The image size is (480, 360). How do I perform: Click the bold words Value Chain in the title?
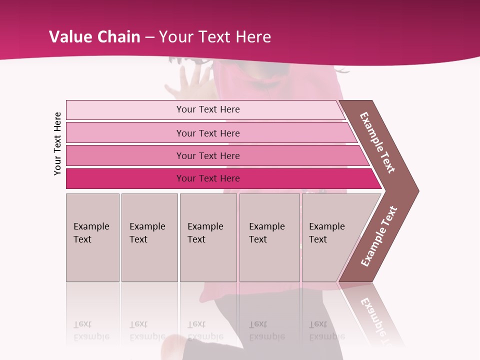click(x=94, y=37)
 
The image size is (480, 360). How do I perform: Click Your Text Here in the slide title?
click(x=215, y=37)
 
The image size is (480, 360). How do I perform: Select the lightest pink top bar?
click(x=125, y=110)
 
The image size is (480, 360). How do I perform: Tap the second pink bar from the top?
click(x=125, y=133)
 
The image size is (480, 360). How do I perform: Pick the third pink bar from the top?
click(x=125, y=155)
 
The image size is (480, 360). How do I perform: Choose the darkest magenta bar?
click(x=125, y=178)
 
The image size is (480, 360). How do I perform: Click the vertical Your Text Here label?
click(x=57, y=143)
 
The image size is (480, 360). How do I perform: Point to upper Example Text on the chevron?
click(x=377, y=142)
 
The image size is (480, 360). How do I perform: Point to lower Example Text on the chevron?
click(x=379, y=236)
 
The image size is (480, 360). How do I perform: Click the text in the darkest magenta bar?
click(x=208, y=178)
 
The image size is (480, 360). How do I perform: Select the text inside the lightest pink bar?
click(x=208, y=109)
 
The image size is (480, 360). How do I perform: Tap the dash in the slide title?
click(x=150, y=37)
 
